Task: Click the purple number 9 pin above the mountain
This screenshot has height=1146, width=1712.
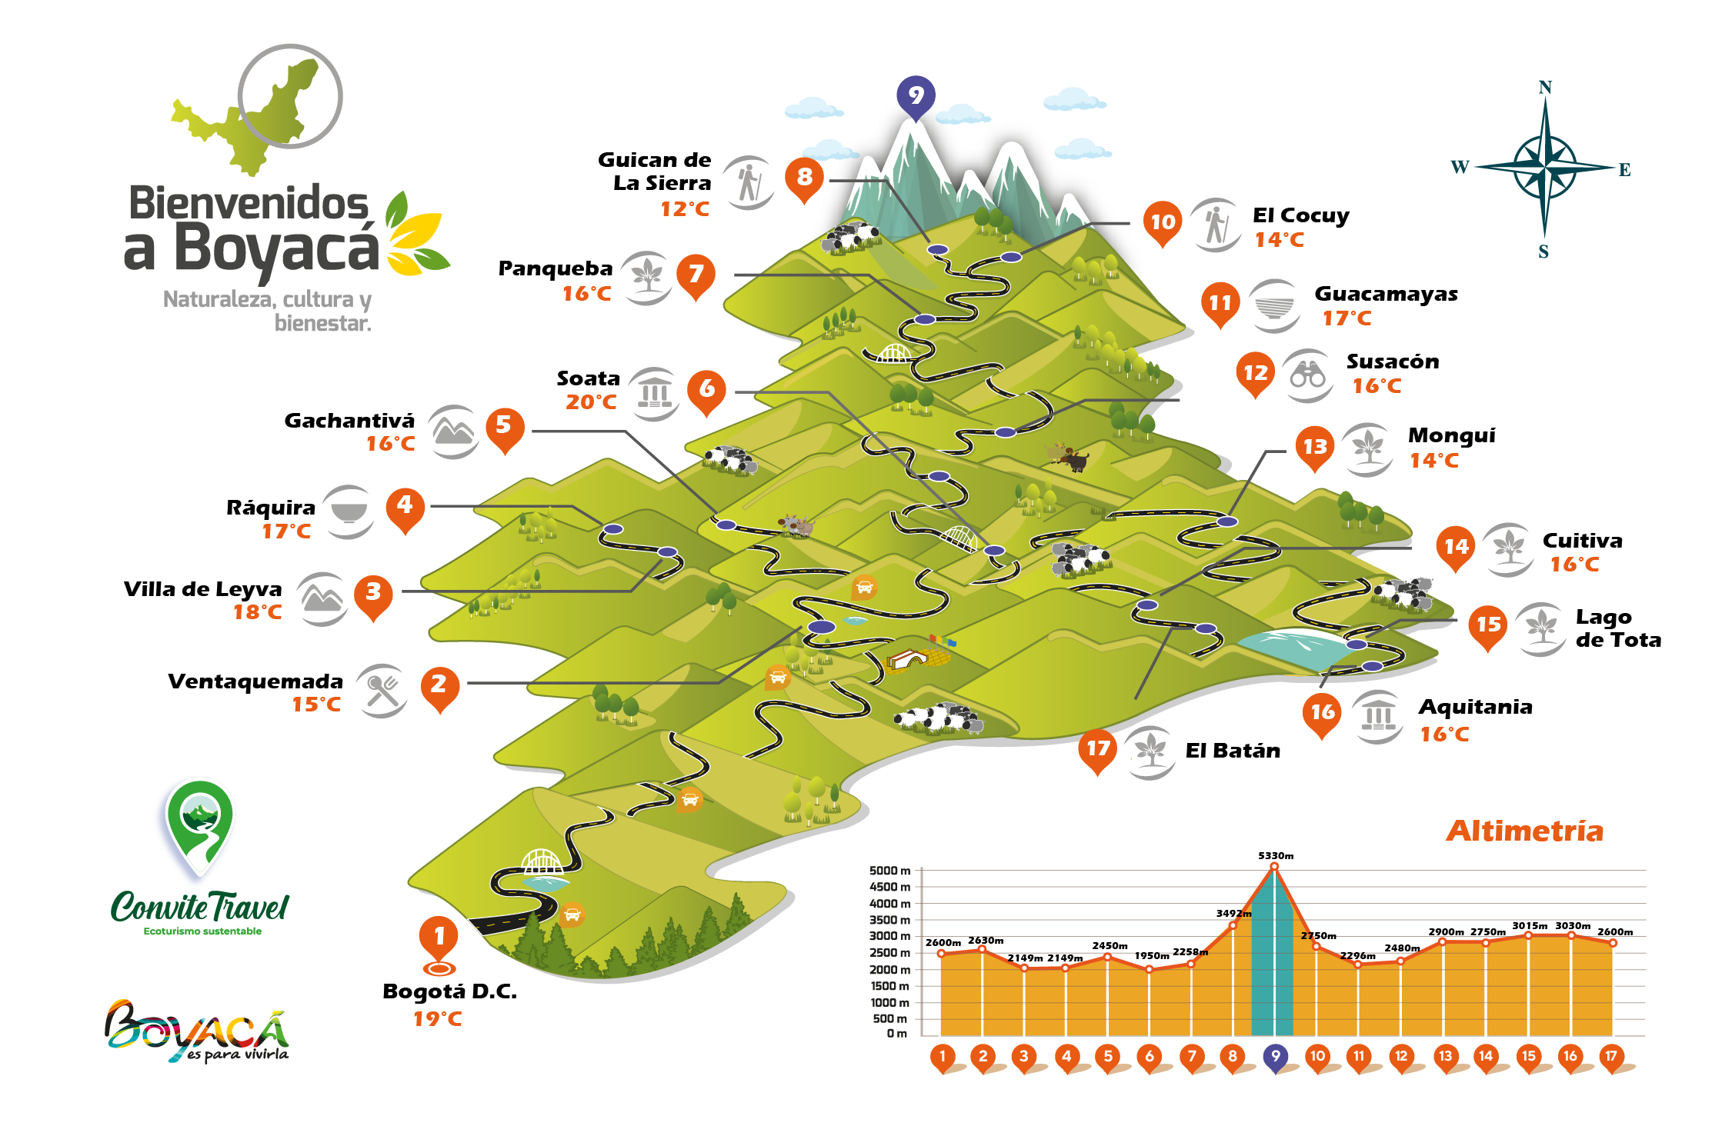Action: click(915, 95)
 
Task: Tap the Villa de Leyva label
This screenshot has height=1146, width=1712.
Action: click(203, 589)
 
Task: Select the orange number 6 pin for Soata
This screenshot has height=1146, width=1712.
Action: click(706, 389)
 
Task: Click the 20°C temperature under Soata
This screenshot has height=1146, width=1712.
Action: click(591, 401)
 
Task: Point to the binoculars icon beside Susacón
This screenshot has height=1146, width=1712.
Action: click(1307, 375)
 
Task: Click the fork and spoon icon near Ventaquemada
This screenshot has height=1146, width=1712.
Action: click(382, 690)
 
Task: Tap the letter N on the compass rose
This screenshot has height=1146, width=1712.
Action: click(1544, 88)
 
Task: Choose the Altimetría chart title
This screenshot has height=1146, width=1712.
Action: click(1524, 831)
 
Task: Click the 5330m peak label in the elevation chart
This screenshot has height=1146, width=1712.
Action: click(1275, 855)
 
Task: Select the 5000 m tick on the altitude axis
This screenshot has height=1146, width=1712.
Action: click(889, 871)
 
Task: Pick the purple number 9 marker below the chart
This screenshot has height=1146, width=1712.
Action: click(1275, 1056)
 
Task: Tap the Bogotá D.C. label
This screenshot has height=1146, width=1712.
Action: click(449, 991)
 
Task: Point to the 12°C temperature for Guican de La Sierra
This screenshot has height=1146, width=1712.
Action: click(685, 209)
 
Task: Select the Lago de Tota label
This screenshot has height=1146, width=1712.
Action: click(1617, 628)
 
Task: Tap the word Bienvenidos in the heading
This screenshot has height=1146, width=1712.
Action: click(249, 203)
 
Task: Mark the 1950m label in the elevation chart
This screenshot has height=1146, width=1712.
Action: click(1152, 956)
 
